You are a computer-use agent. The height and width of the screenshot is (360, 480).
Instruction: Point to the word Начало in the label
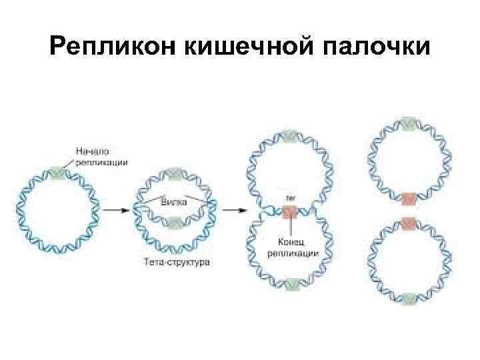[92, 151]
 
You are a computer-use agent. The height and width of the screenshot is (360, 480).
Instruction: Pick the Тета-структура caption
[177, 262]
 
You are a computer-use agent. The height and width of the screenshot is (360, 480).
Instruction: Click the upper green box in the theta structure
[175, 173]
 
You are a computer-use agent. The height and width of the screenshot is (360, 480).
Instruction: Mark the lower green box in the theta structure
[175, 222]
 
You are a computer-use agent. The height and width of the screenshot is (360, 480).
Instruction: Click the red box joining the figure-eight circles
[290, 213]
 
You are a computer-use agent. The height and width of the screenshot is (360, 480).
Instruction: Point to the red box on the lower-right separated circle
[409, 222]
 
